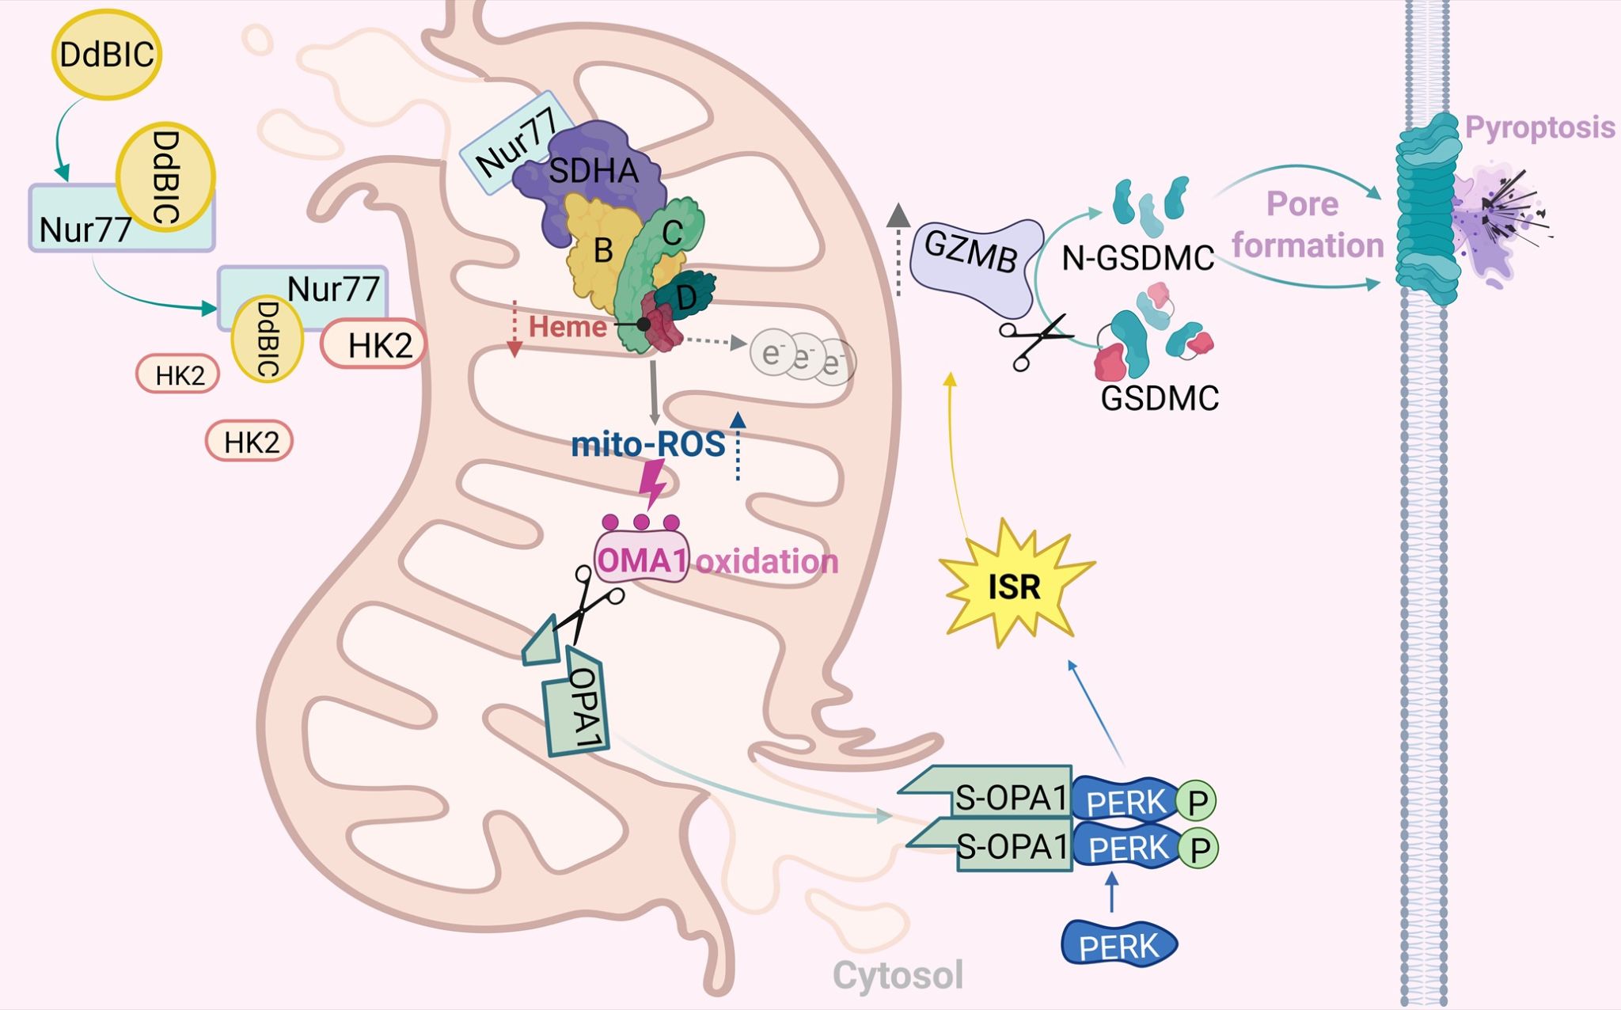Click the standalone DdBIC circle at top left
click(x=107, y=55)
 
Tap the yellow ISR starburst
click(x=1015, y=587)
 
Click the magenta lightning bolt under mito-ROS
click(x=654, y=483)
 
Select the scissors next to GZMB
click(x=1033, y=341)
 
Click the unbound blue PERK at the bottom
click(x=1118, y=944)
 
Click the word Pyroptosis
click(x=1539, y=127)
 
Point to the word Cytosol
click(x=898, y=974)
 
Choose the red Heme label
click(x=567, y=326)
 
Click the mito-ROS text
click(x=647, y=444)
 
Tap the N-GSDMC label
click(x=1137, y=258)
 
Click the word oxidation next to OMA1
click(x=766, y=561)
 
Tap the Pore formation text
click(x=1306, y=225)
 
